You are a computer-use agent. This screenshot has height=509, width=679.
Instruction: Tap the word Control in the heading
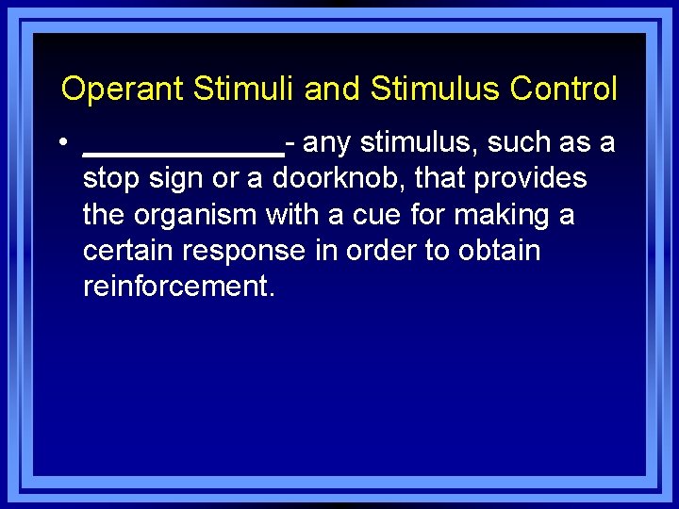pos(563,90)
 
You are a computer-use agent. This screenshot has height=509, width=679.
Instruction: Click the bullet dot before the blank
pos(59,143)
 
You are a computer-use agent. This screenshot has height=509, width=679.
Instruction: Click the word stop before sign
pos(108,178)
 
